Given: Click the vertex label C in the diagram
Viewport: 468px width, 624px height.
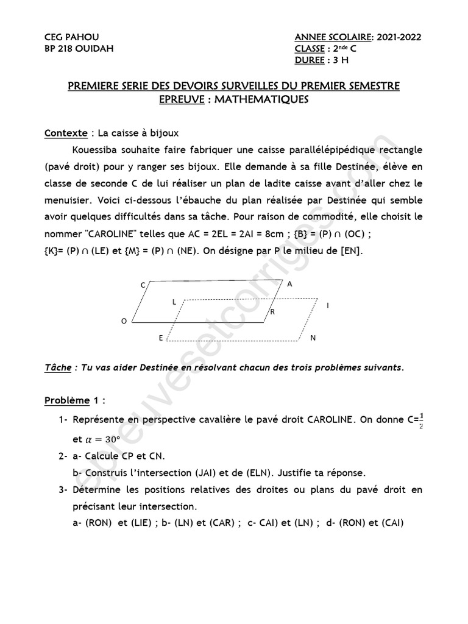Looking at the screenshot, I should [143, 285].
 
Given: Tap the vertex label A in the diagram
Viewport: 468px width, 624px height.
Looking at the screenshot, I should [289, 283].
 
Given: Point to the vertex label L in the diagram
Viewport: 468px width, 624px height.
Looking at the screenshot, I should [174, 301].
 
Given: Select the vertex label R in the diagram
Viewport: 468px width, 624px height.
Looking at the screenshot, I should [272, 311].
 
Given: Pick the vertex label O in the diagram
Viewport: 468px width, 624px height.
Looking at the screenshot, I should [124, 321].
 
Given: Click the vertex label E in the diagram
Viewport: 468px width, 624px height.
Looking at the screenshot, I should [161, 338].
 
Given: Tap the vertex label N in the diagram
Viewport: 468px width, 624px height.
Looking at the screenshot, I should [313, 338].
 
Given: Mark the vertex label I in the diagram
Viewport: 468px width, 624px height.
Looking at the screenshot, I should [328, 305].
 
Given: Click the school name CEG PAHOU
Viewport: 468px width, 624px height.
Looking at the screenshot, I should [72, 37].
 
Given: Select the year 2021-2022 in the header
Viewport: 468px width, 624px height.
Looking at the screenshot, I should [399, 37].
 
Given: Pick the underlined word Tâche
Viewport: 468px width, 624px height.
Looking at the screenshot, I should [58, 367].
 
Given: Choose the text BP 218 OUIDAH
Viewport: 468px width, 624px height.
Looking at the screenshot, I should [79, 49].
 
